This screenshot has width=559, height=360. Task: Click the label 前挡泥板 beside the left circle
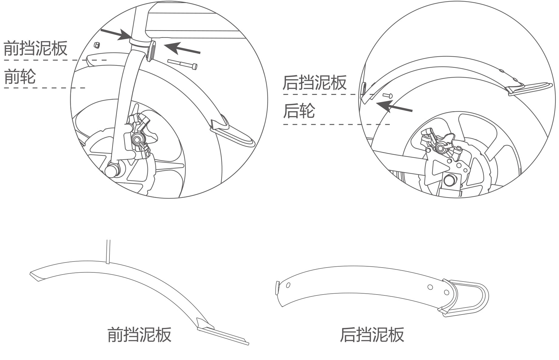pos(35,48)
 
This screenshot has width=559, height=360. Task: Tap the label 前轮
pos(20,76)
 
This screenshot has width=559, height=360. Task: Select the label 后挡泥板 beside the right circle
pos(314,82)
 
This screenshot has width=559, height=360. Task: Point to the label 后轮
pos(299,111)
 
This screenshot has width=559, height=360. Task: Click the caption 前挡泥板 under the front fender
pos(139,335)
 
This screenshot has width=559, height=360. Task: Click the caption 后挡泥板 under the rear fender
pos(372,335)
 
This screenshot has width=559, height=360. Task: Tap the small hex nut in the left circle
pos(96,45)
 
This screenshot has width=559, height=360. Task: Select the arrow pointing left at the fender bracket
pos(182,48)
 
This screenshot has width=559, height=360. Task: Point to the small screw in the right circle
pos(388,96)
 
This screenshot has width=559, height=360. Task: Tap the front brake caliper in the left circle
pos(138,136)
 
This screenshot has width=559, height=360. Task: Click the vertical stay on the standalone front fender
pos(108,252)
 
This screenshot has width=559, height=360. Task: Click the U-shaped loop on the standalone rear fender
pos(473,298)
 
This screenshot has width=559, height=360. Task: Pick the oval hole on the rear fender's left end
pos(288,285)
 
